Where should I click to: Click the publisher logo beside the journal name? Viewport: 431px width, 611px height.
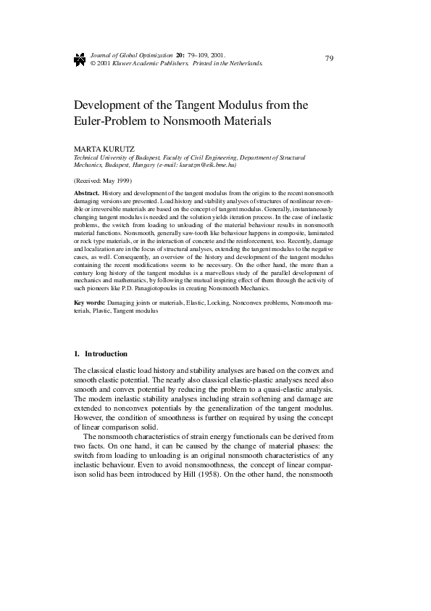click(80, 59)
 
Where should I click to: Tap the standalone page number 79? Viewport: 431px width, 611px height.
click(330, 58)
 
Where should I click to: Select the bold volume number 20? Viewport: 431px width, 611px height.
click(179, 55)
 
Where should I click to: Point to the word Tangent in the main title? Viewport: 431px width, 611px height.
click(209, 104)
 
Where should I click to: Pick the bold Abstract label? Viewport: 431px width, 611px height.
click(87, 193)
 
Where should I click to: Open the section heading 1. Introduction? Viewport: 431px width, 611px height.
click(101, 354)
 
